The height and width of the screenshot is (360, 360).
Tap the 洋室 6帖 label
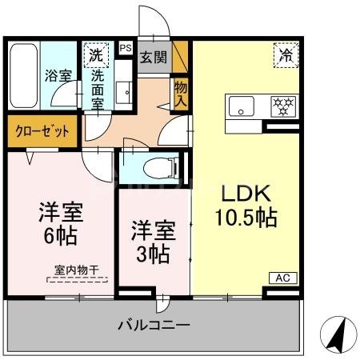pos(61,225)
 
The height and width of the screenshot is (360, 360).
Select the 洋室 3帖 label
pos(151,242)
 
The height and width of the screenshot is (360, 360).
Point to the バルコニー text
pos(154,326)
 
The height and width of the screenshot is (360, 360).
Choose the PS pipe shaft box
pos(125,48)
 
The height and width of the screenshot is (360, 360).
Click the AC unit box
pos(282,278)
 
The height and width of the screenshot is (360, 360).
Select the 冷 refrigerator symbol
pos(285,56)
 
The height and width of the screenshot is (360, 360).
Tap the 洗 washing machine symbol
pos(96,56)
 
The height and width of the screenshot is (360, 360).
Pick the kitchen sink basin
pos(240,105)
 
